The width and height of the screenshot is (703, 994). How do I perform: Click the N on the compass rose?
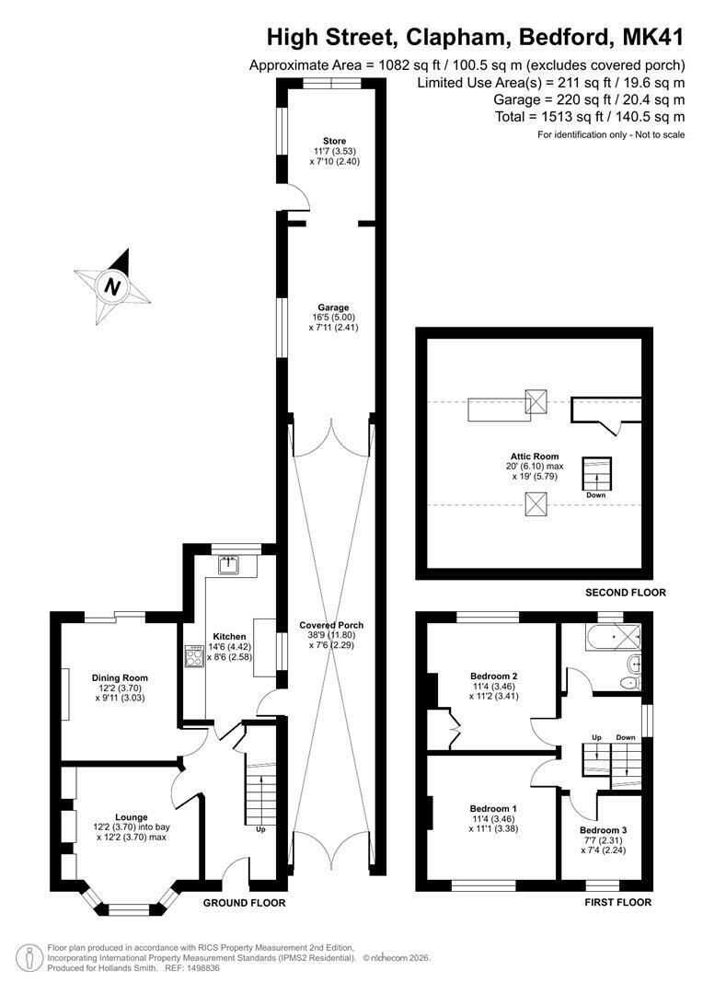(113, 287)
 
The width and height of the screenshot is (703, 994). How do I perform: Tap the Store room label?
(335, 141)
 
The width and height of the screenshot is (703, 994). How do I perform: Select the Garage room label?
(333, 308)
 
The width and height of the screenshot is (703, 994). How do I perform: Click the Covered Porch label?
(331, 625)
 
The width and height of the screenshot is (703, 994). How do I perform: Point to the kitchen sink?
(227, 565)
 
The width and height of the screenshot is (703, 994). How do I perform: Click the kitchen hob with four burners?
(193, 655)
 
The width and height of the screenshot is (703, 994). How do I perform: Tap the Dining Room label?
(120, 677)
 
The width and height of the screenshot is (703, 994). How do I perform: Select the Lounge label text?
(132, 817)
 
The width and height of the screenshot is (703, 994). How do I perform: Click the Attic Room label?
(535, 456)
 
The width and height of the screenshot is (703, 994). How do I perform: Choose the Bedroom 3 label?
(604, 830)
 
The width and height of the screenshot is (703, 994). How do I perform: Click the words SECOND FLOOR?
(626, 592)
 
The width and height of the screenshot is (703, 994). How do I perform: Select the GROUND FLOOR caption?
(244, 903)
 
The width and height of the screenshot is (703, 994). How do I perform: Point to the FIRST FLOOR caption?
(618, 902)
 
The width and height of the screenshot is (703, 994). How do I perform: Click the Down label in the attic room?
(596, 495)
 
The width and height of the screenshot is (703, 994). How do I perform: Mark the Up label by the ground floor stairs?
(260, 829)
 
